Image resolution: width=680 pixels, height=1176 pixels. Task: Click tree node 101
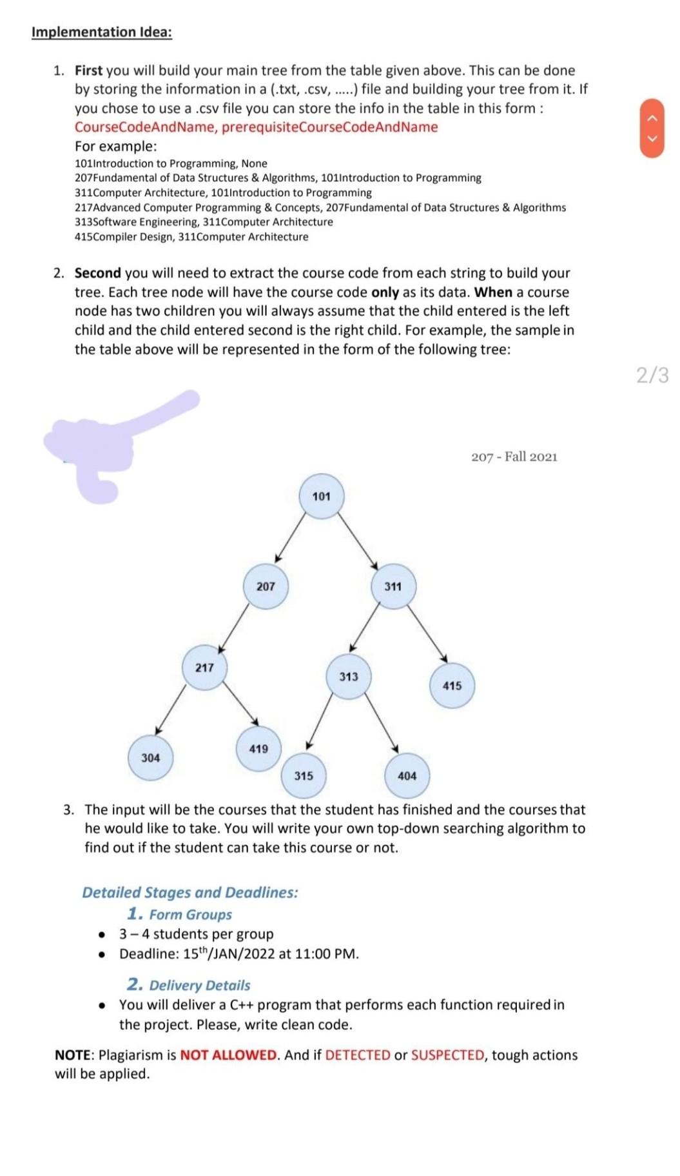tap(321, 497)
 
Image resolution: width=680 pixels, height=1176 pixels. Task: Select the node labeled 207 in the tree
tap(266, 586)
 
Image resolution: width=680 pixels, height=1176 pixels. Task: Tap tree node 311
tap(393, 586)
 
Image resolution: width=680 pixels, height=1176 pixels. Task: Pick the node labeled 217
tap(204, 667)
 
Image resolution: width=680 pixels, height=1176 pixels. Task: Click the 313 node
tap(349, 676)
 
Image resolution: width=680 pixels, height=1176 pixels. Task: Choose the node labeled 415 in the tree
tap(452, 686)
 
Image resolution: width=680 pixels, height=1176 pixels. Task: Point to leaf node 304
tap(150, 757)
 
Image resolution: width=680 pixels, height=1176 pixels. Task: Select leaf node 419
tap(258, 748)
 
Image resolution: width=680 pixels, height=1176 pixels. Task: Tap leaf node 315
tap(304, 775)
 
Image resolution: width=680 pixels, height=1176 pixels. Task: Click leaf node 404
tap(407, 775)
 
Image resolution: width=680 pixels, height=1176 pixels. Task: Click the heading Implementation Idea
tap(102, 32)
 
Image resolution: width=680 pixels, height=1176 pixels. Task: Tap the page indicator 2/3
tap(652, 375)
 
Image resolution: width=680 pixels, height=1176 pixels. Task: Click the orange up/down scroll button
tap(652, 128)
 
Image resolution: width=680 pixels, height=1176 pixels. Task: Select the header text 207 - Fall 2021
tap(514, 457)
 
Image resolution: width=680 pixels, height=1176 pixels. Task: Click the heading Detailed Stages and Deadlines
tap(190, 892)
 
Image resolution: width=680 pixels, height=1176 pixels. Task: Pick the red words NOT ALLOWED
tap(228, 1055)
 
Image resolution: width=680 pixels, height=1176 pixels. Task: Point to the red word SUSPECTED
tap(447, 1055)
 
